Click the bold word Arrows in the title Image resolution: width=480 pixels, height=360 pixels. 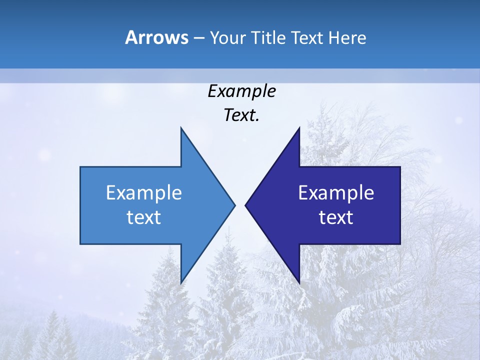156,37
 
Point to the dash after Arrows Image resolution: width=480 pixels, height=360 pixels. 198,38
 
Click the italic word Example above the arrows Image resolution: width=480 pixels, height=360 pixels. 241,91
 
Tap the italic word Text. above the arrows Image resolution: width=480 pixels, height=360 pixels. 241,115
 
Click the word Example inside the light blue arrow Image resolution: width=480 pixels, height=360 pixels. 144,193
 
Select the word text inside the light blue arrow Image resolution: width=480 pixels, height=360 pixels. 144,217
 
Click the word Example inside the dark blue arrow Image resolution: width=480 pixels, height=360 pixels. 336,193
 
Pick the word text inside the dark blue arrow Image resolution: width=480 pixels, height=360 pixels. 336,217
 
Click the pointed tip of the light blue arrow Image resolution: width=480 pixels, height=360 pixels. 235,205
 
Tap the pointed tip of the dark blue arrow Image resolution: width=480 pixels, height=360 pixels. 245,205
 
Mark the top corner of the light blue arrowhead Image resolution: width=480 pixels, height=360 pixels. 181,127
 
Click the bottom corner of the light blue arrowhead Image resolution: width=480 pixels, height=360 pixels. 181,283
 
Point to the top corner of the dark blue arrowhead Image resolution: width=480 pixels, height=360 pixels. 299,127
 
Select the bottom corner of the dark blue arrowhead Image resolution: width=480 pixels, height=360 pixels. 299,283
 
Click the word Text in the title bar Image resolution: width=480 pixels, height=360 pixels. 308,38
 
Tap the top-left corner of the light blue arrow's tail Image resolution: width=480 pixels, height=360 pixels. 80,167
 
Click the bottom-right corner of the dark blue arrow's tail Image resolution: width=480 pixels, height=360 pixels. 400,244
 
